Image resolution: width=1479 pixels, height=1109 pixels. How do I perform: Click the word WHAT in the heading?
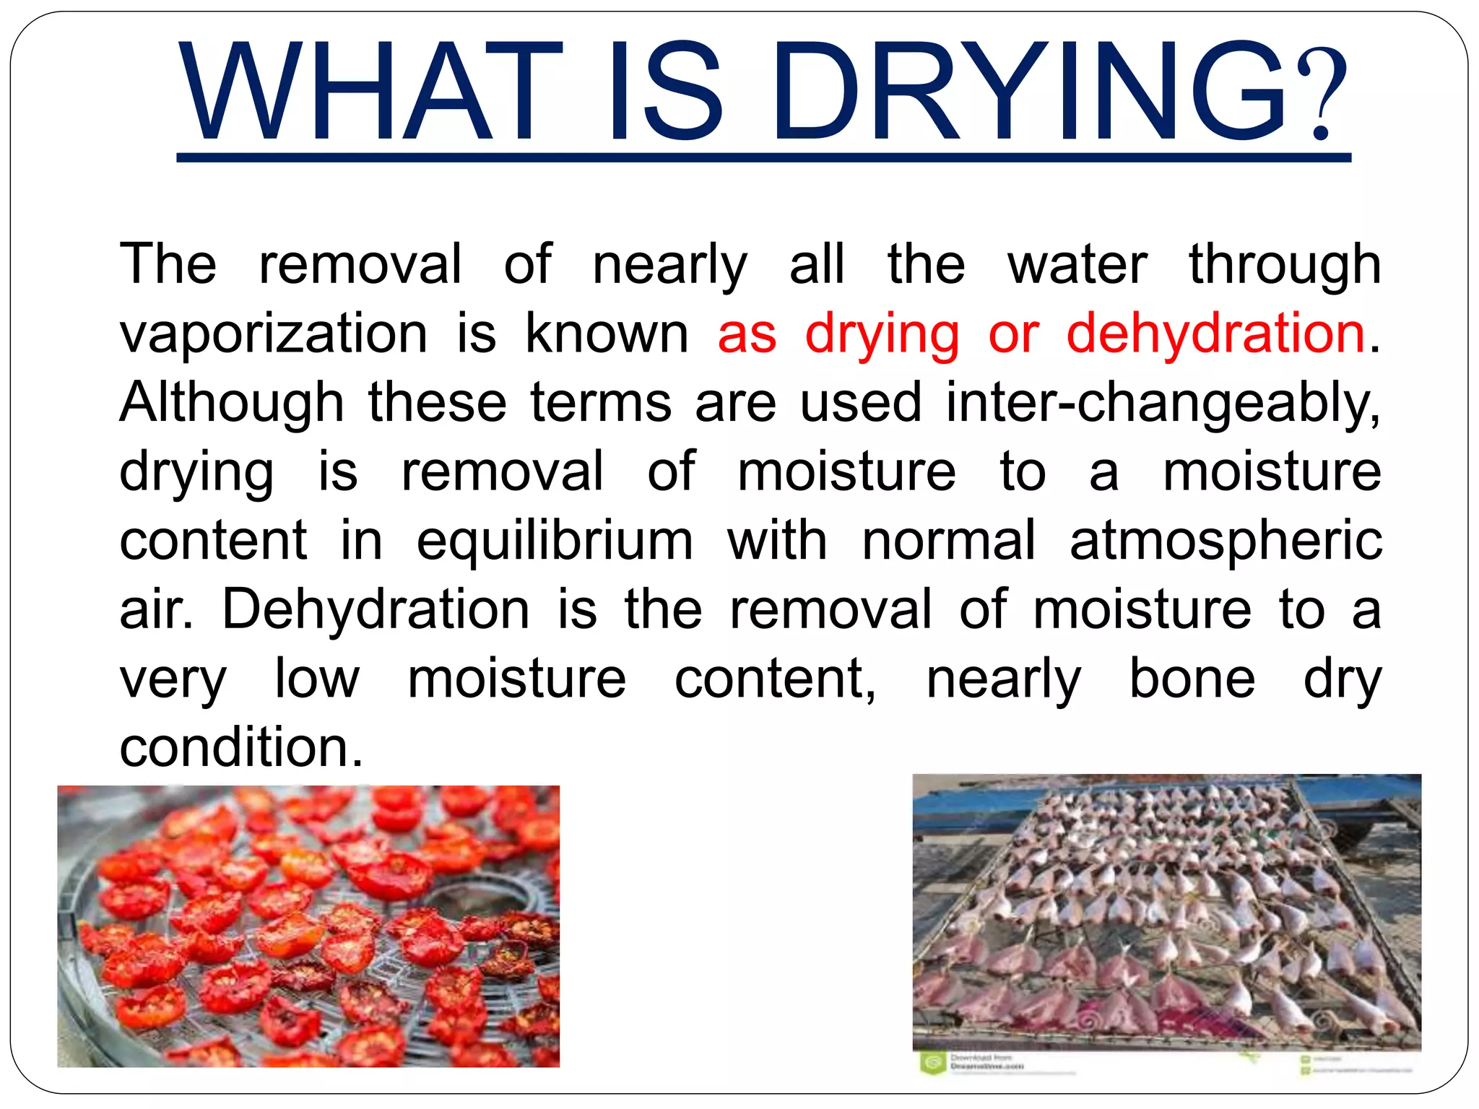(x=370, y=92)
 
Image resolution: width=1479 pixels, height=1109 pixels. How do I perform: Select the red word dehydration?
(x=1215, y=334)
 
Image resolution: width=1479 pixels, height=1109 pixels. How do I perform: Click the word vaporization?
(x=274, y=334)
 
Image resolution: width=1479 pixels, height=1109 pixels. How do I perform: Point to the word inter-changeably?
(x=1162, y=402)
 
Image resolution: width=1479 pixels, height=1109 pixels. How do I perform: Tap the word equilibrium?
(x=555, y=541)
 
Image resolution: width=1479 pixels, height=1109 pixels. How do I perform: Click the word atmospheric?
(x=1225, y=541)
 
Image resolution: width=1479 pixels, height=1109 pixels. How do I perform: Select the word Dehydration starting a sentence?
(x=376, y=609)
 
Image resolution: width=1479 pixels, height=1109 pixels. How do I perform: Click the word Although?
(x=232, y=402)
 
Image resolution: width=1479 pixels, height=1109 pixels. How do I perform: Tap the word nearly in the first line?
(x=669, y=265)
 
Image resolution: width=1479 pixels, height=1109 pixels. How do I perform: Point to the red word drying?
(x=882, y=334)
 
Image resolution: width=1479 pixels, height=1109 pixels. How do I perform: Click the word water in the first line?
(x=1077, y=265)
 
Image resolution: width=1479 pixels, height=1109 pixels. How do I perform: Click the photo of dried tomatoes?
(x=308, y=926)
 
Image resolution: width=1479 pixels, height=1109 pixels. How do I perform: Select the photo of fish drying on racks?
(x=1166, y=912)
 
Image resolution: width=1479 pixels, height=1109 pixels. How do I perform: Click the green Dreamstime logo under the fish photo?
(x=933, y=1062)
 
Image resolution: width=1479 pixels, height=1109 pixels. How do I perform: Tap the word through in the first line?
(x=1285, y=265)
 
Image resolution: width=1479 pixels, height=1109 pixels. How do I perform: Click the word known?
(x=607, y=334)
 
